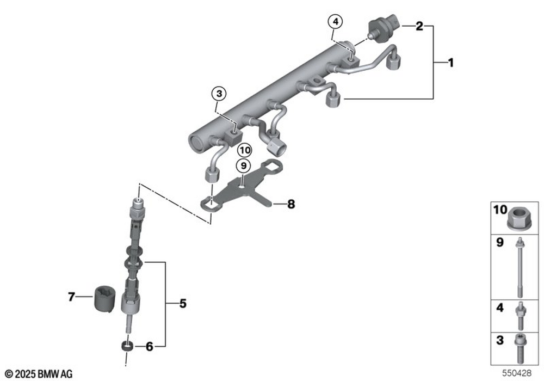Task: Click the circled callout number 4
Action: click(335, 22)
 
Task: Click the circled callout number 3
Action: click(219, 93)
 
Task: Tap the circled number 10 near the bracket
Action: click(245, 151)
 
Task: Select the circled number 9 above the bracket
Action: click(244, 165)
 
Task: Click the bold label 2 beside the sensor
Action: click(419, 26)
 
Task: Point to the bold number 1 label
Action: click(450, 63)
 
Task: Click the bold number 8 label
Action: click(291, 204)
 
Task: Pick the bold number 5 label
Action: click(183, 304)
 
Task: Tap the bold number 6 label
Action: click(149, 346)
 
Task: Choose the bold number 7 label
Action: click(71, 297)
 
